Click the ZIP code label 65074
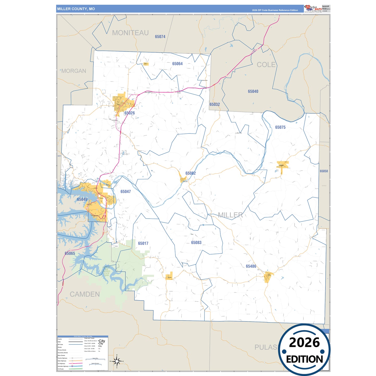160,37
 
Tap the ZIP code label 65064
177,64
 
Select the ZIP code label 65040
253,91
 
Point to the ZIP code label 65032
215,104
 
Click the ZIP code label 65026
130,113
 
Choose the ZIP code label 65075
280,127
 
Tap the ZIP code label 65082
190,173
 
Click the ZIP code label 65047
125,192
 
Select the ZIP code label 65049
82,199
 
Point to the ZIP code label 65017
143,243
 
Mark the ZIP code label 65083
196,243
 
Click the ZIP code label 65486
251,266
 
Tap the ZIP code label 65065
70,253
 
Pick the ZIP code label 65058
324,171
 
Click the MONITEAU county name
130,33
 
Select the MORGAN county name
74,71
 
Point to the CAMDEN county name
85,294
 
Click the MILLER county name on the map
230,215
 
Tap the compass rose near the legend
117,361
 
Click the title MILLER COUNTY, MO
76,9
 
